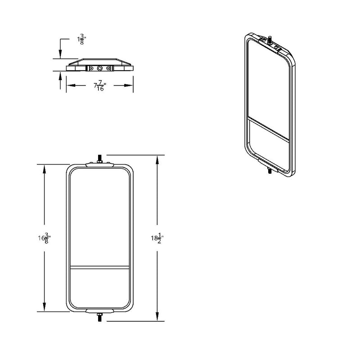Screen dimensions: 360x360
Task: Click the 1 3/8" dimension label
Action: tap(82, 40)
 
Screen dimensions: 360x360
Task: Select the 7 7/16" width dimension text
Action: tap(100, 85)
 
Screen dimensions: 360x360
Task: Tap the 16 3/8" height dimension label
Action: tap(44, 238)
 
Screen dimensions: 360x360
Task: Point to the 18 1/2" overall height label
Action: tap(157, 238)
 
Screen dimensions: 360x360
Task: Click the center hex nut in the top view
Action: tap(100, 68)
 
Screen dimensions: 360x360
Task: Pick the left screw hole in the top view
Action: tap(92, 68)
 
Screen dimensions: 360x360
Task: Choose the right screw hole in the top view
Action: tap(108, 68)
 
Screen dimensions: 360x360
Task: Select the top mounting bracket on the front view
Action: tap(100, 164)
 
